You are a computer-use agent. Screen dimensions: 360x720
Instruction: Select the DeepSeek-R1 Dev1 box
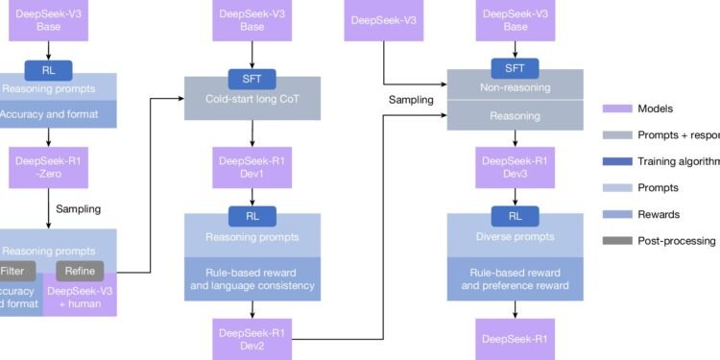[252, 164]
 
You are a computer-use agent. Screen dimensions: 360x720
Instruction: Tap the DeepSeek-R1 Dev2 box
[252, 338]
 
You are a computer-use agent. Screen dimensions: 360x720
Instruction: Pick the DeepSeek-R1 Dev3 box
[515, 164]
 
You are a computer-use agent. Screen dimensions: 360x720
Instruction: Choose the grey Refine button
[80, 271]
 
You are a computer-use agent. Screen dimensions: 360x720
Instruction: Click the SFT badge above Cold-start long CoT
[252, 77]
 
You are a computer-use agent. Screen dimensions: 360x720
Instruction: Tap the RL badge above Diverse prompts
[515, 216]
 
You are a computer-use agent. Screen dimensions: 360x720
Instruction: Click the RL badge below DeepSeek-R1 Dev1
[252, 216]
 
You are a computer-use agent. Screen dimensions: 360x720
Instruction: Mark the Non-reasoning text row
[515, 86]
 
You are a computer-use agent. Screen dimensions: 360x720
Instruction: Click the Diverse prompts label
[515, 236]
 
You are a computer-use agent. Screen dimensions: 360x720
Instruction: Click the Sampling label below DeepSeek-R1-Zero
[77, 207]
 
